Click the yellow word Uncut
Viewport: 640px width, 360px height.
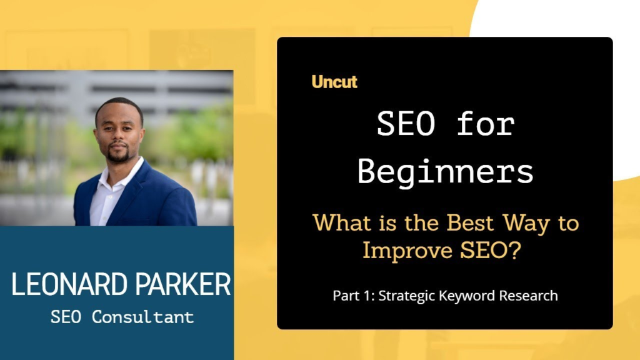tap(334, 82)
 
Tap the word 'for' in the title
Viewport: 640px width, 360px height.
tap(486, 124)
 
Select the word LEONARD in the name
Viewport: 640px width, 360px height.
tap(69, 284)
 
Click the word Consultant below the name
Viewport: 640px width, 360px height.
tap(143, 317)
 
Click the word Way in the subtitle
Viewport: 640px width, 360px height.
tap(526, 224)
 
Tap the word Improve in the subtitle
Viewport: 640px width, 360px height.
tap(407, 250)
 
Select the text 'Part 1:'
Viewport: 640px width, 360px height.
tap(354, 296)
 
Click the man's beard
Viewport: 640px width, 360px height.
tap(118, 156)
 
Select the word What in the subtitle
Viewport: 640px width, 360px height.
tap(341, 223)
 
